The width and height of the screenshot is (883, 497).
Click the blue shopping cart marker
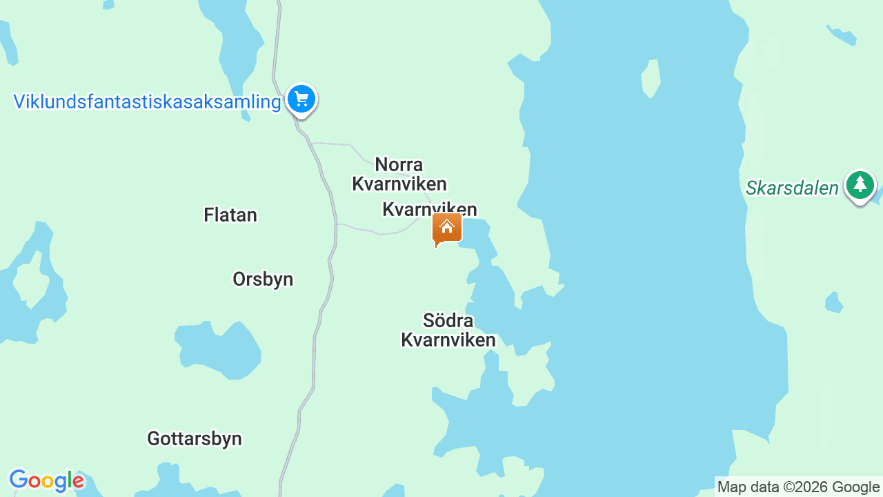pyautogui.click(x=301, y=99)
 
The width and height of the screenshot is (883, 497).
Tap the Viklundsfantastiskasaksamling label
pyautogui.click(x=147, y=102)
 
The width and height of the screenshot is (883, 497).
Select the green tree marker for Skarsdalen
pyautogui.click(x=860, y=185)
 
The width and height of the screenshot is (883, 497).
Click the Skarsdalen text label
pyautogui.click(x=792, y=188)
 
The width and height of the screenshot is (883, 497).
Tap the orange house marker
pyautogui.click(x=446, y=228)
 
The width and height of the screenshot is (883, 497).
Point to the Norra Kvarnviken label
pyautogui.click(x=399, y=174)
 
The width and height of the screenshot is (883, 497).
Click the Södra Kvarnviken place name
pyautogui.click(x=448, y=330)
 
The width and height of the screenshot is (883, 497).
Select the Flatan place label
pyautogui.click(x=230, y=215)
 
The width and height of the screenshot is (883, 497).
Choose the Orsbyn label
pyautogui.click(x=263, y=279)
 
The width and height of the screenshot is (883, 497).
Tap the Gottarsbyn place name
pyautogui.click(x=195, y=438)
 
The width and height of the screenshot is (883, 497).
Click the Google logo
pyautogui.click(x=46, y=481)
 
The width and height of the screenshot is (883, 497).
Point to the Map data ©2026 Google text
pyautogui.click(x=798, y=487)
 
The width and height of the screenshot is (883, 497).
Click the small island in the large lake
pyautogui.click(x=651, y=77)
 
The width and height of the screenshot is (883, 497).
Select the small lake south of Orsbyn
pyautogui.click(x=219, y=350)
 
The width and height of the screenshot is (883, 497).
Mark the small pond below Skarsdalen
pyautogui.click(x=833, y=302)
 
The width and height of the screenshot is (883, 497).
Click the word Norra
pyautogui.click(x=399, y=165)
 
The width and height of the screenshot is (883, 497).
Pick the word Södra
pyautogui.click(x=448, y=320)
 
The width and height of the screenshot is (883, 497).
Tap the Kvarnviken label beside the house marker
pyautogui.click(x=429, y=209)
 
